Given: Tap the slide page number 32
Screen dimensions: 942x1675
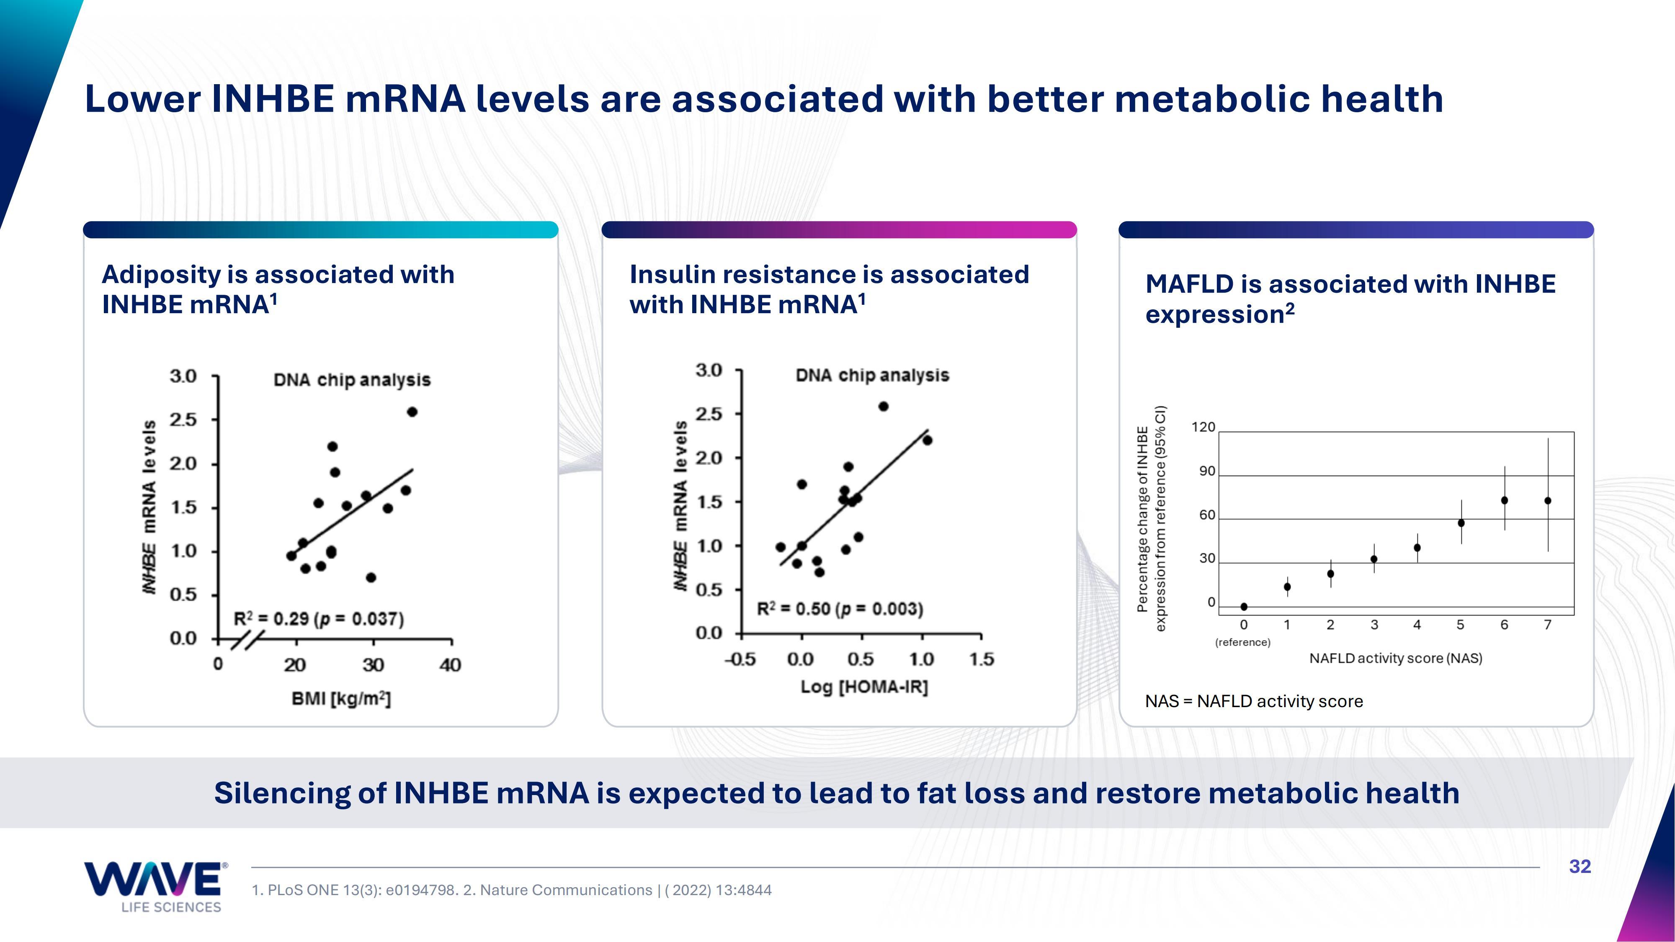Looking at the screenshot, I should (1580, 867).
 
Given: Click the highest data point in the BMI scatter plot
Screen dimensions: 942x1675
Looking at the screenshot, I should (412, 412).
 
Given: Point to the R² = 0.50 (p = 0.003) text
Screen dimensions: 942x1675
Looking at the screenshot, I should (840, 609).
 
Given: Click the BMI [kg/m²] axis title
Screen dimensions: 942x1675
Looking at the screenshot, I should (341, 699).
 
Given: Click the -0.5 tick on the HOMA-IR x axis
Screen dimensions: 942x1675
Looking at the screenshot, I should (740, 659).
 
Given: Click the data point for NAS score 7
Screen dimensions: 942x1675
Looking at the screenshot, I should (1548, 501).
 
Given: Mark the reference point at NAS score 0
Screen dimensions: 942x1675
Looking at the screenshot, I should (1244, 607).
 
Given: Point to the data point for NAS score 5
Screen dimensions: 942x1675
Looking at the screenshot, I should (1461, 522).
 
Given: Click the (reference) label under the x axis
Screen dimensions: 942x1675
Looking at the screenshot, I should (1242, 642).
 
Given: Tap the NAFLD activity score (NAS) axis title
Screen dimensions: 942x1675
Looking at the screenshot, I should (1395, 658).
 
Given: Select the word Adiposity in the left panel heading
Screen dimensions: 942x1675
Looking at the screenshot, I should (161, 274).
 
